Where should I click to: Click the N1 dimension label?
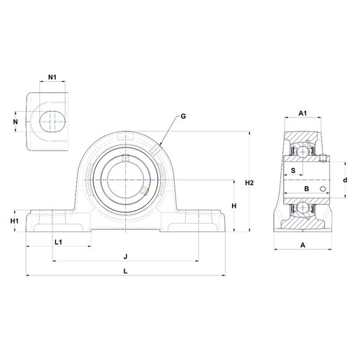coord(52,77)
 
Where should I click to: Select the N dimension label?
coord(15,122)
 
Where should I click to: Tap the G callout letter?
coord(183,116)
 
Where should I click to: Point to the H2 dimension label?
coord(250,183)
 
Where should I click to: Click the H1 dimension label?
coord(15,221)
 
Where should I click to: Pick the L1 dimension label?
coord(58,243)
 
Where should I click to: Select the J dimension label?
coord(126,257)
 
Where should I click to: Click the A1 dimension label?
coord(303,113)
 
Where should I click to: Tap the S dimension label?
coord(293,171)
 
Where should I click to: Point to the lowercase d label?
coord(345,180)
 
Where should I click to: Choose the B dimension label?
coord(307,189)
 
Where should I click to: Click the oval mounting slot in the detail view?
coord(52,122)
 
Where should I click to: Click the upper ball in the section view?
coord(302,152)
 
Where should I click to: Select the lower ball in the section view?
coord(302,208)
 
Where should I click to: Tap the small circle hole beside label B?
coord(323,189)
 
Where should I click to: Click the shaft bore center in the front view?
coord(126,180)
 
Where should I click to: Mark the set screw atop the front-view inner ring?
coord(126,158)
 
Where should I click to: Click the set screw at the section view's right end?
coord(323,158)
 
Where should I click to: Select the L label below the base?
coord(126,271)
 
